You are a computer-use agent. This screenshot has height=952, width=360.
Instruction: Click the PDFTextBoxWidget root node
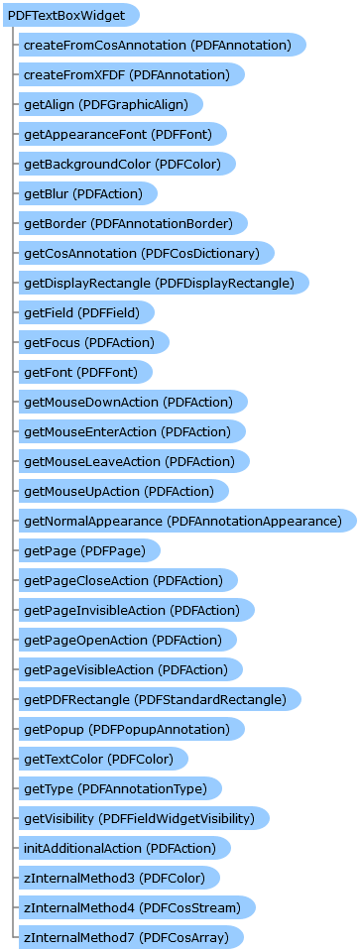coord(69,15)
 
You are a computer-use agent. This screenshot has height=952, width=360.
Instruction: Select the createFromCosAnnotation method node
coord(157,45)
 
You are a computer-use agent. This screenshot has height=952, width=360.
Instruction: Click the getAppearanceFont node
coord(124,134)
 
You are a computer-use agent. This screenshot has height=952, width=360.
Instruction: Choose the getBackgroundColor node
coord(129,164)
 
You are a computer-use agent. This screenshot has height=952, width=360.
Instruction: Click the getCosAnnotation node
coord(141,253)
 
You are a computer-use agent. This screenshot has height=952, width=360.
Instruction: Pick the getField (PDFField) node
coord(89,312)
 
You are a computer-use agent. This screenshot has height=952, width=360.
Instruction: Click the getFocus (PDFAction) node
coord(93,342)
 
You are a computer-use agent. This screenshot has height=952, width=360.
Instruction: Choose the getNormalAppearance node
coord(182,521)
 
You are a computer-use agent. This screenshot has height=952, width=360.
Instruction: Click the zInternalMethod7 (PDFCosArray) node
coord(127,937)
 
